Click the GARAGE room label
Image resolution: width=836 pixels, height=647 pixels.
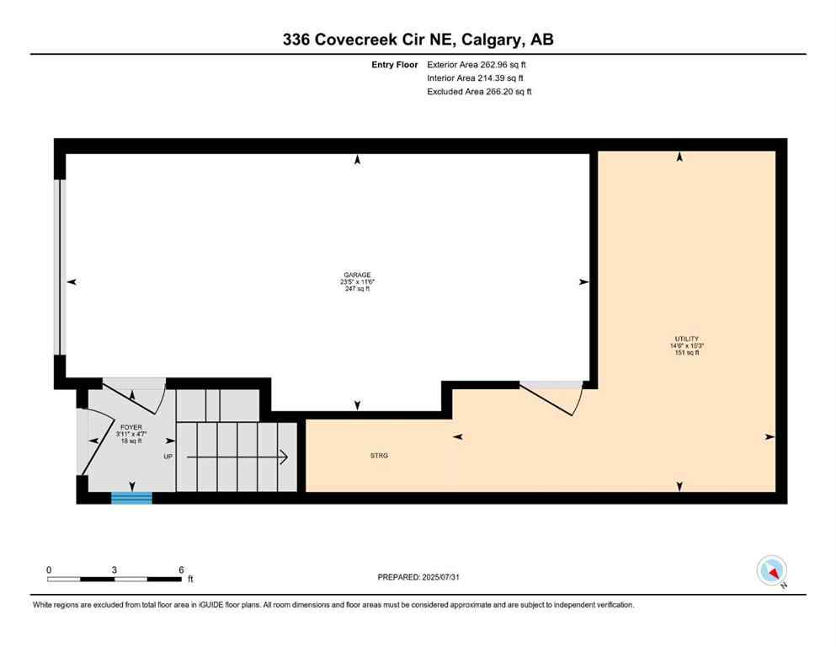point(356,275)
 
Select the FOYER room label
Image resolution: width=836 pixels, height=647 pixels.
point(130,427)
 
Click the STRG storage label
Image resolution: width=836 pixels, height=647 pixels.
point(378,456)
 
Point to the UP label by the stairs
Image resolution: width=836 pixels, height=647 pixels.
point(168,457)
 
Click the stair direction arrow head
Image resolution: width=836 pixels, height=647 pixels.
point(285,457)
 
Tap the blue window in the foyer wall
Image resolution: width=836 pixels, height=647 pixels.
point(132,498)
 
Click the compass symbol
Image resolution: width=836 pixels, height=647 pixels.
point(771,571)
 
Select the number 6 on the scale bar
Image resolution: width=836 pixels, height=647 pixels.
point(181,569)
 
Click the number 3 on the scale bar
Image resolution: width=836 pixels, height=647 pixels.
point(114,569)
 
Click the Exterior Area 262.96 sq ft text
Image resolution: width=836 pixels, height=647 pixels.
point(479,64)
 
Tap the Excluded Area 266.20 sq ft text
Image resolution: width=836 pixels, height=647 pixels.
point(479,92)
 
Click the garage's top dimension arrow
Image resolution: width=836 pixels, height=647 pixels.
point(358,158)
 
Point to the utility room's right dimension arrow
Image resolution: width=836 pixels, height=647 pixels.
point(769,437)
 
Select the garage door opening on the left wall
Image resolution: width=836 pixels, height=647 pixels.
point(59,267)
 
